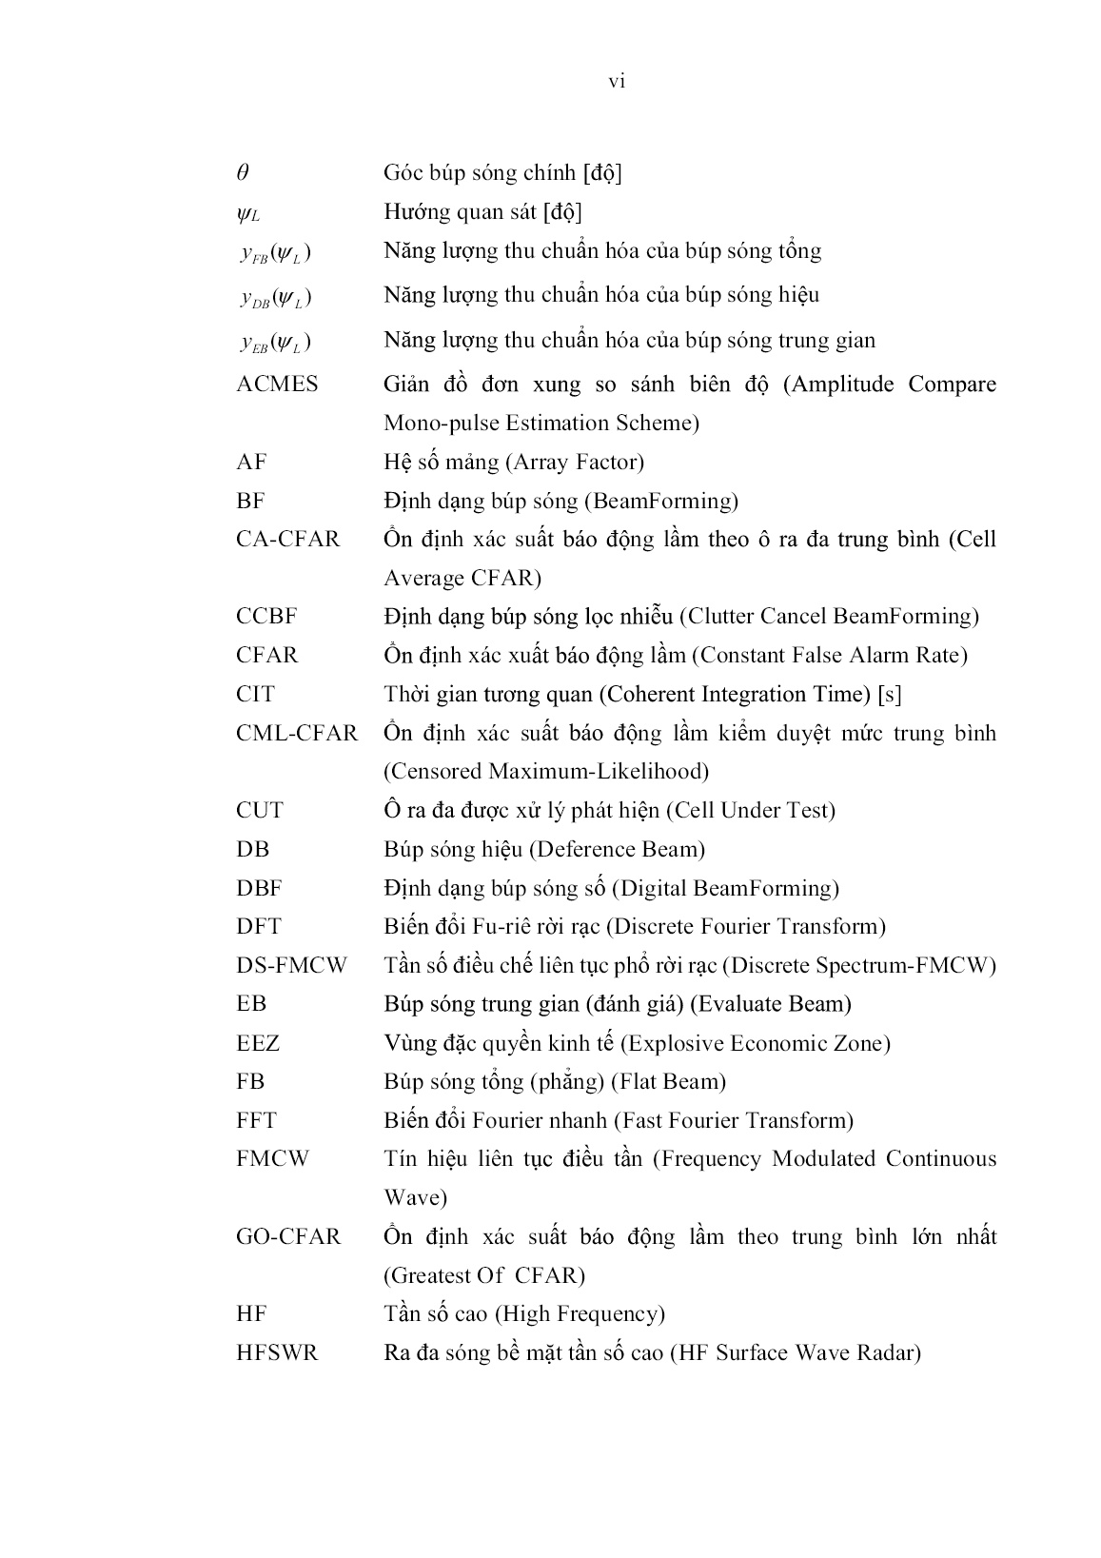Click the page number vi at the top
tap(617, 82)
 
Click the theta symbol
tap(243, 173)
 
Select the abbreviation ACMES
tap(277, 385)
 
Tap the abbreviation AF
tap(251, 463)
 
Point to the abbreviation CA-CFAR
tap(287, 540)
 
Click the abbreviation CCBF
tap(266, 617)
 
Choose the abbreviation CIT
tap(255, 695)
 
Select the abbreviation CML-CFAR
tap(297, 734)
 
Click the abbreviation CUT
tap(260, 811)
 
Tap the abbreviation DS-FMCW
tap(292, 966)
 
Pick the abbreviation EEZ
tap(258, 1043)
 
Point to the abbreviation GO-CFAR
tap(287, 1237)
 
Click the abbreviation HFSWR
tap(277, 1353)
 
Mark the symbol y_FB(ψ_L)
tap(276, 252)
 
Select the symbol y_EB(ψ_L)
tap(276, 342)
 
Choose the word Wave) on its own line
tap(415, 1197)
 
